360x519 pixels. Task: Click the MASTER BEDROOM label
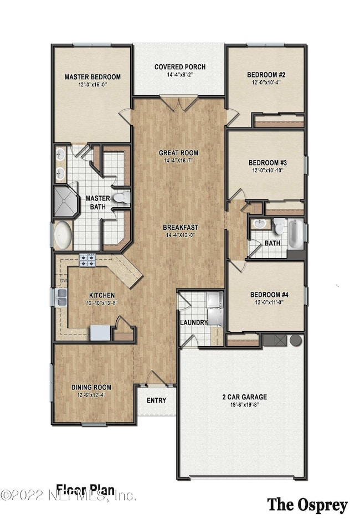pyautogui.click(x=92, y=77)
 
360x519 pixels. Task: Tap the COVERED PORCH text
pyautogui.click(x=180, y=67)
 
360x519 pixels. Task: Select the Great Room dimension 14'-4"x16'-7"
pyautogui.click(x=178, y=161)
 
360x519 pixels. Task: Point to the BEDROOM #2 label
pyautogui.click(x=266, y=74)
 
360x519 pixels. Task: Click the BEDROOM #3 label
pyautogui.click(x=266, y=162)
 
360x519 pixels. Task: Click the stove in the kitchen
pyautogui.click(x=88, y=260)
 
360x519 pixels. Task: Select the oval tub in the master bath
pyautogui.click(x=63, y=235)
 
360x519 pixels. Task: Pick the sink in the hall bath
pyautogui.click(x=259, y=224)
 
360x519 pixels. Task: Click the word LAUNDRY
pyautogui.click(x=194, y=322)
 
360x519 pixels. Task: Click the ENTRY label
pyautogui.click(x=156, y=400)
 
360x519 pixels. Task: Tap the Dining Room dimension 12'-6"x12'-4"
pyautogui.click(x=92, y=395)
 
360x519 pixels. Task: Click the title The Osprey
pyautogui.click(x=307, y=504)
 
